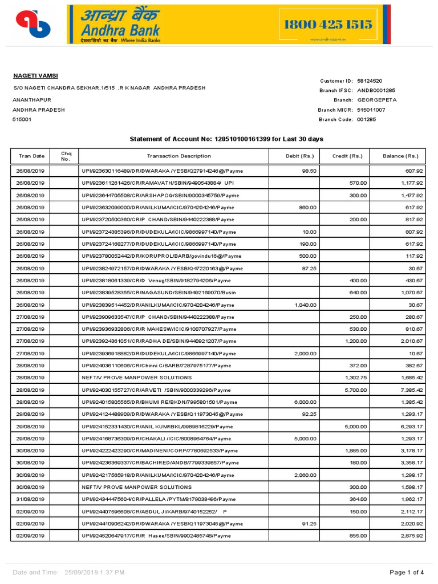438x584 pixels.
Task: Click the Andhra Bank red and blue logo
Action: pos(33,23)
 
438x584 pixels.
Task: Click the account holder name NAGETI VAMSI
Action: pos(35,76)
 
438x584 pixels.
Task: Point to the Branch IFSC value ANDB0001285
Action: pos(376,90)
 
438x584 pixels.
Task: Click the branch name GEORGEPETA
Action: pos(377,100)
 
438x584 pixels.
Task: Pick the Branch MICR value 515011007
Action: pos(371,109)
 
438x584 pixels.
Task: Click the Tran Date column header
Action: pos(31,156)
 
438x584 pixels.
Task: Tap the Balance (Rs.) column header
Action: pos(400,156)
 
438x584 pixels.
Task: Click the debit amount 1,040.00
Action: pos(305,305)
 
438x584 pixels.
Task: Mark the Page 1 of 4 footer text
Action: pos(407,572)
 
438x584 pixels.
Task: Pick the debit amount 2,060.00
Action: pos(305,475)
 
